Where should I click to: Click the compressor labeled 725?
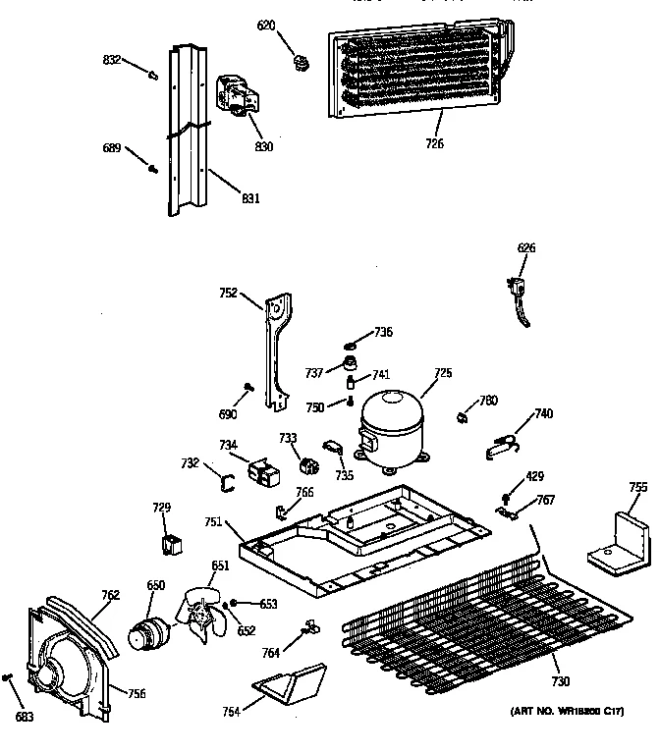[391, 426]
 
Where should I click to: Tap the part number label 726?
[434, 144]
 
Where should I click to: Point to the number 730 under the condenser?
[560, 681]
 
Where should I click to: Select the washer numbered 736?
[351, 345]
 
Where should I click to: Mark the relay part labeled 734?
[264, 474]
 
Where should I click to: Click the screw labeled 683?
[9, 677]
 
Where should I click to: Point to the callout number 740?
[543, 413]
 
